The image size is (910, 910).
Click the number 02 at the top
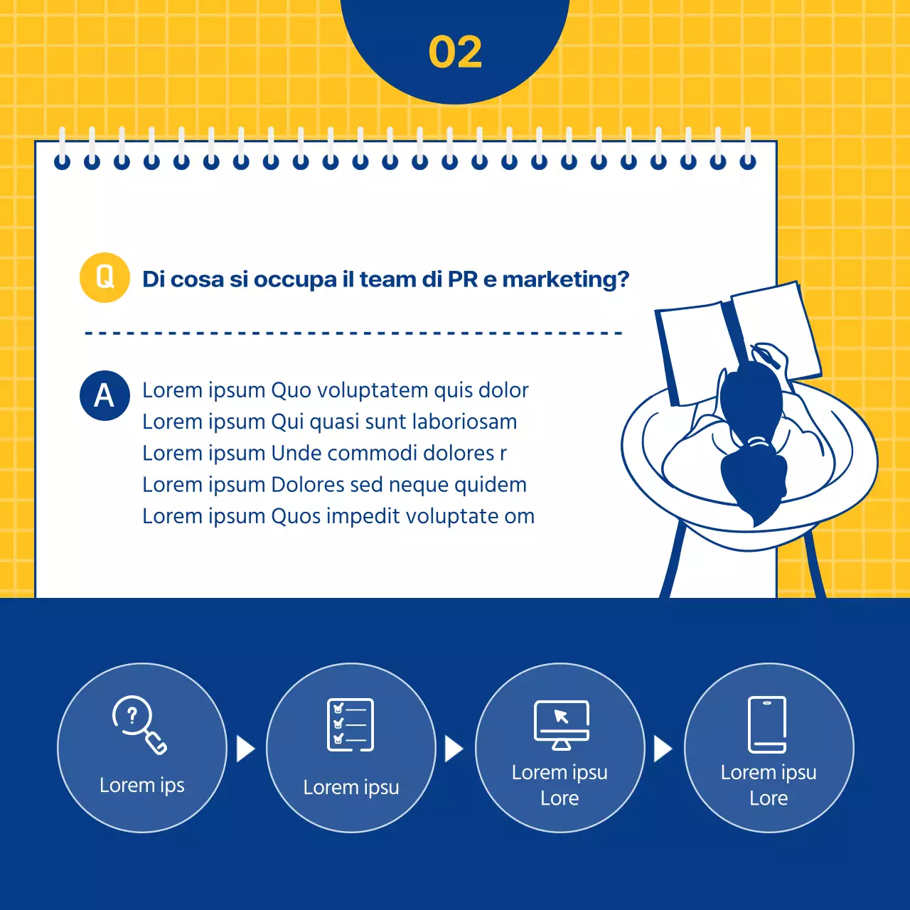(x=455, y=53)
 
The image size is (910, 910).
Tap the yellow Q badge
(x=105, y=277)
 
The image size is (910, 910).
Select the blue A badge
(x=105, y=395)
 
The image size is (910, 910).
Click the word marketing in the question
(x=565, y=279)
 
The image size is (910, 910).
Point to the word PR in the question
(x=463, y=279)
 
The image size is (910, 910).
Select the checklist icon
(x=350, y=724)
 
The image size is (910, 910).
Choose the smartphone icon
(x=767, y=724)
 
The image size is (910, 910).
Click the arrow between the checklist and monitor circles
(x=454, y=749)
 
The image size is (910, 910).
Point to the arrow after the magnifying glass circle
(x=245, y=749)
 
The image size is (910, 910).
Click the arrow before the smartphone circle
(x=663, y=749)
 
